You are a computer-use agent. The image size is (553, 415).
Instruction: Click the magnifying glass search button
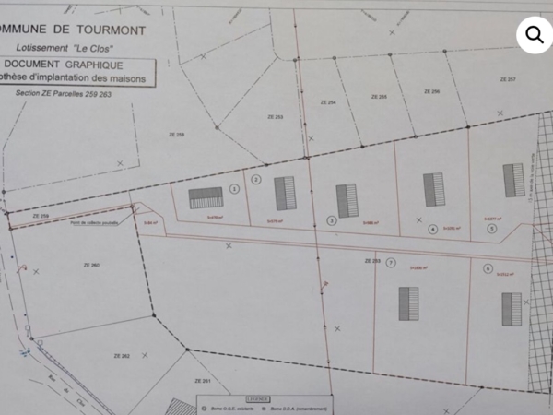tap(534, 34)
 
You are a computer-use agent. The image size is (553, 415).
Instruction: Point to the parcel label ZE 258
tap(176, 135)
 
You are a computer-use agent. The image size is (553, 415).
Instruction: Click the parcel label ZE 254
tap(324, 101)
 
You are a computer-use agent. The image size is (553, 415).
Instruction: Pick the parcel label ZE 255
tap(378, 96)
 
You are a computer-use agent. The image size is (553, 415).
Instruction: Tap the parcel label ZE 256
tap(430, 91)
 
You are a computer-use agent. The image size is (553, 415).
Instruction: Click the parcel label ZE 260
tap(90, 265)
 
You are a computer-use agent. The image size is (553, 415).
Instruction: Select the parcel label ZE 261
tap(202, 381)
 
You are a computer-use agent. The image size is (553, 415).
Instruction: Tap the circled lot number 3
tap(332, 220)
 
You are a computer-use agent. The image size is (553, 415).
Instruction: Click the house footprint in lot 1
tap(206, 197)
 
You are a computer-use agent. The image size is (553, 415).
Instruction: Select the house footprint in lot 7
tap(408, 302)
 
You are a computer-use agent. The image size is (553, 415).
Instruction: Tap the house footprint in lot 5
tap(513, 180)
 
